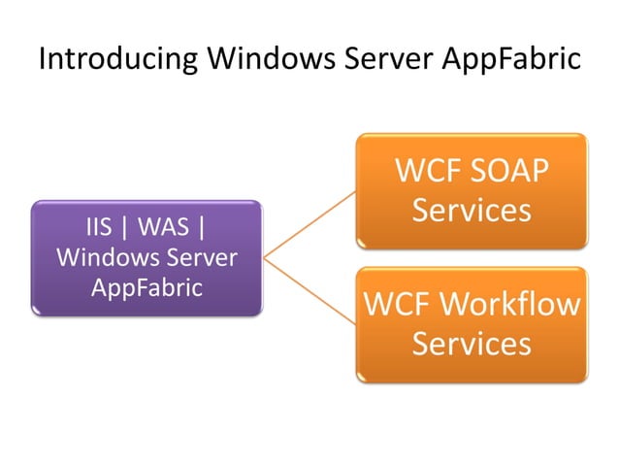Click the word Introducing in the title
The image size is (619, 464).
(x=106, y=60)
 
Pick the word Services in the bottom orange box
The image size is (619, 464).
(x=472, y=343)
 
